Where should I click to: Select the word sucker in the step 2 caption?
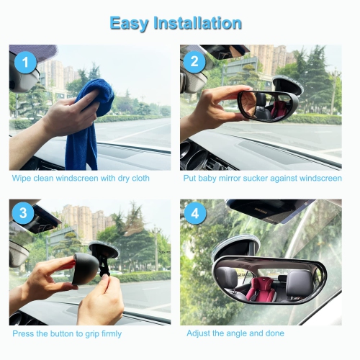tap(253, 179)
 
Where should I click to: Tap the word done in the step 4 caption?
tap(274, 333)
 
